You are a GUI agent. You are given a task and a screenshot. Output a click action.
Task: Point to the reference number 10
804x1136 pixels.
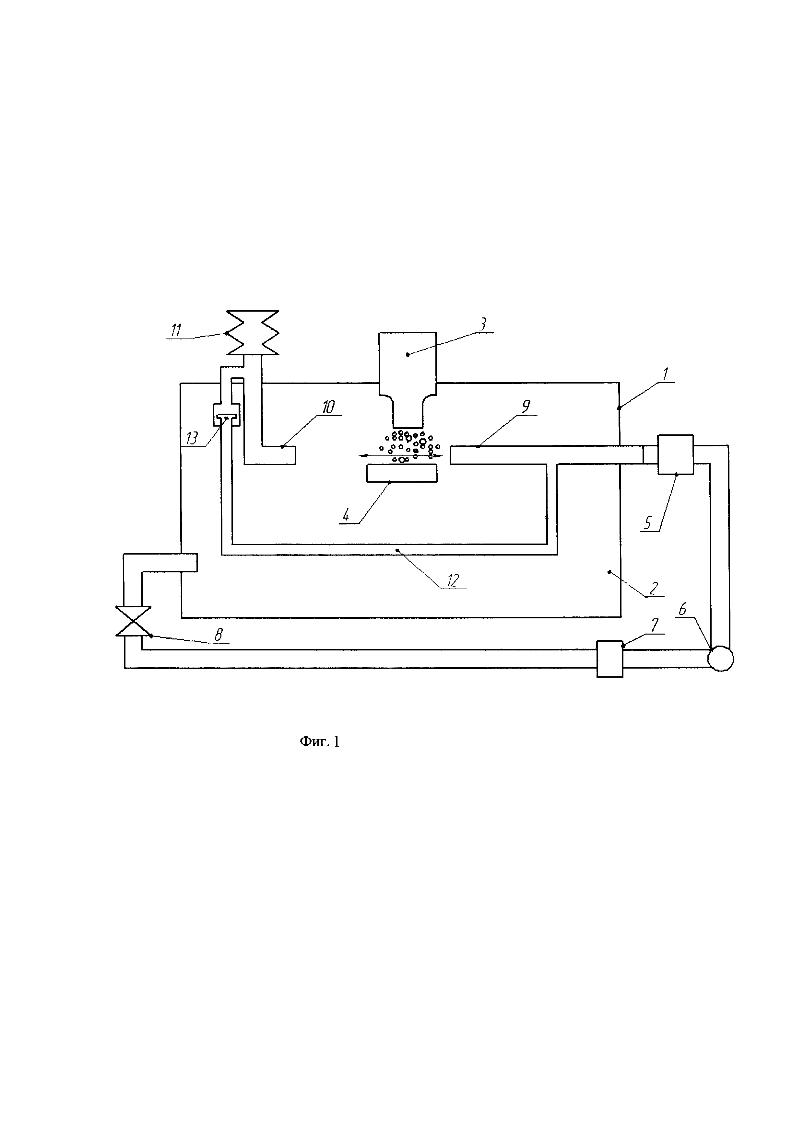[x=328, y=407]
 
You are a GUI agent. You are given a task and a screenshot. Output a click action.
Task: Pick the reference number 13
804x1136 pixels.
[x=192, y=438]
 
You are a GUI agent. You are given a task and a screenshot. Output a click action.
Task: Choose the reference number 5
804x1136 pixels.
[x=648, y=522]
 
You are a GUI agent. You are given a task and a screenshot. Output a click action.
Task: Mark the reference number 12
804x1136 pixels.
[x=453, y=580]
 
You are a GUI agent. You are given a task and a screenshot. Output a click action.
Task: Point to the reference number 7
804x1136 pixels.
[x=655, y=625]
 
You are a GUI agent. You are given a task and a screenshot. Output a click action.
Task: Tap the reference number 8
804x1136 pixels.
[x=218, y=634]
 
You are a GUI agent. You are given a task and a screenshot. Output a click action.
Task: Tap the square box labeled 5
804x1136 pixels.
[x=675, y=455]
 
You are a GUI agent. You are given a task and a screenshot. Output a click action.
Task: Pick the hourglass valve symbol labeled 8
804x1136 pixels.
[x=133, y=621]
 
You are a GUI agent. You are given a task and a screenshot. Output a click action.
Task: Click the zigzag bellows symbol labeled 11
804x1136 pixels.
[x=253, y=332]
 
